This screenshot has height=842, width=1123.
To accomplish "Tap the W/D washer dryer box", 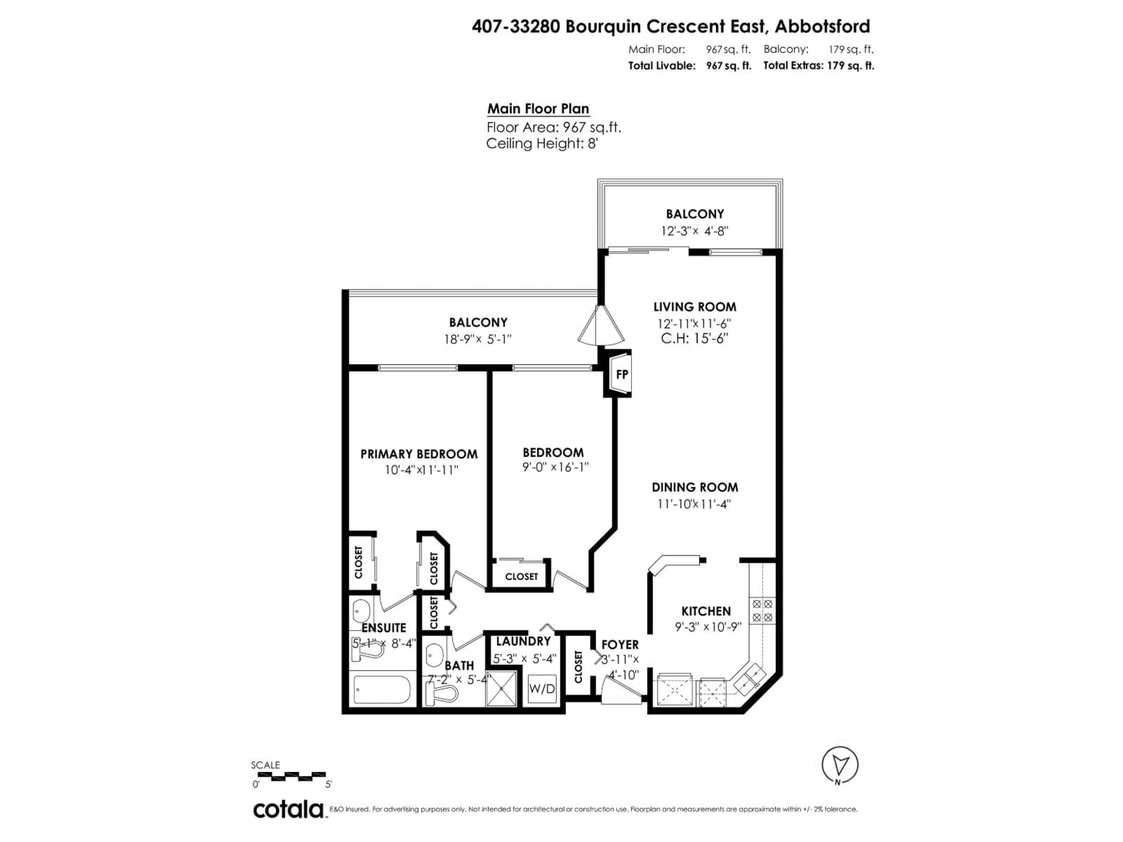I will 542,689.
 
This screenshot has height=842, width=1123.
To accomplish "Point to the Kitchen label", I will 706,611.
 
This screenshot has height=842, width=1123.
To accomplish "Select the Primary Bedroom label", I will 419,454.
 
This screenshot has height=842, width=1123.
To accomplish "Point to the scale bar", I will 291,775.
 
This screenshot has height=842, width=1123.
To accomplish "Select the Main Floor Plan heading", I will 538,109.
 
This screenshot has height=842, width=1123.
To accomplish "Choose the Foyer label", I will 620,645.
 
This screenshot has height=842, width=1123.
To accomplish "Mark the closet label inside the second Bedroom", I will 521,577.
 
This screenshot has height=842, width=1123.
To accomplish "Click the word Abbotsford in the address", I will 822,26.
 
